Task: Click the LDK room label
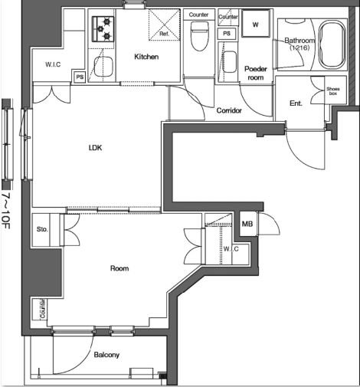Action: [95, 148]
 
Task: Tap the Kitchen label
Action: [146, 57]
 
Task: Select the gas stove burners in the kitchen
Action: [103, 29]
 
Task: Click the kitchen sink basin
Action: [103, 67]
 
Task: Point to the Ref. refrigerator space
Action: [165, 25]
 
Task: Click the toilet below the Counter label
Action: [200, 36]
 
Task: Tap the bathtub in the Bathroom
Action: [332, 45]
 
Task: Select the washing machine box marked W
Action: [255, 24]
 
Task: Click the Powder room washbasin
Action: [229, 62]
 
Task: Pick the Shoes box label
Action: [333, 91]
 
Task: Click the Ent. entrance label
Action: [296, 103]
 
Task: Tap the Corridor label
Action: [229, 110]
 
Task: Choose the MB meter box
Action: [247, 224]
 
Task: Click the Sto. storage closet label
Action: [42, 229]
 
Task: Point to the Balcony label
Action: [106, 355]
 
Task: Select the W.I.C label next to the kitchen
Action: [53, 64]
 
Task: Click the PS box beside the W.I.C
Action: [80, 77]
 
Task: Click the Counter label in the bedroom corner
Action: [42, 309]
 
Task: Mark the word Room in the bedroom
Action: [119, 268]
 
